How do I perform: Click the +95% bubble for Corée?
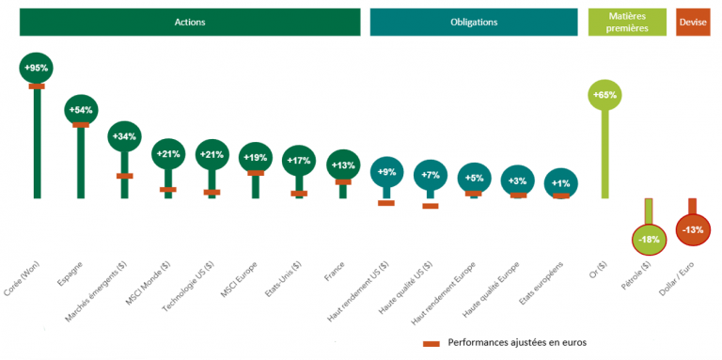point(37,68)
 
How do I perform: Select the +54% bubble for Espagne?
point(80,111)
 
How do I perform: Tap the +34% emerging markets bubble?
point(124,137)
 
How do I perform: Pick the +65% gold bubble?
point(605,95)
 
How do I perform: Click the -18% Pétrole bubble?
point(648,240)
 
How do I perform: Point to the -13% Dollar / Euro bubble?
point(693,230)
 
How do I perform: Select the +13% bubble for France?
point(342,166)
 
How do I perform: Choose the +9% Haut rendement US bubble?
point(385,172)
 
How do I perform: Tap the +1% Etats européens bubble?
point(561,182)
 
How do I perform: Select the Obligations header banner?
point(474,22)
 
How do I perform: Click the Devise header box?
point(693,22)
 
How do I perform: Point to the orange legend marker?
point(432,343)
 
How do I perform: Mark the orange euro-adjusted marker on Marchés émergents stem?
point(124,175)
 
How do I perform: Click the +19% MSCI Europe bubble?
point(255,158)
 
